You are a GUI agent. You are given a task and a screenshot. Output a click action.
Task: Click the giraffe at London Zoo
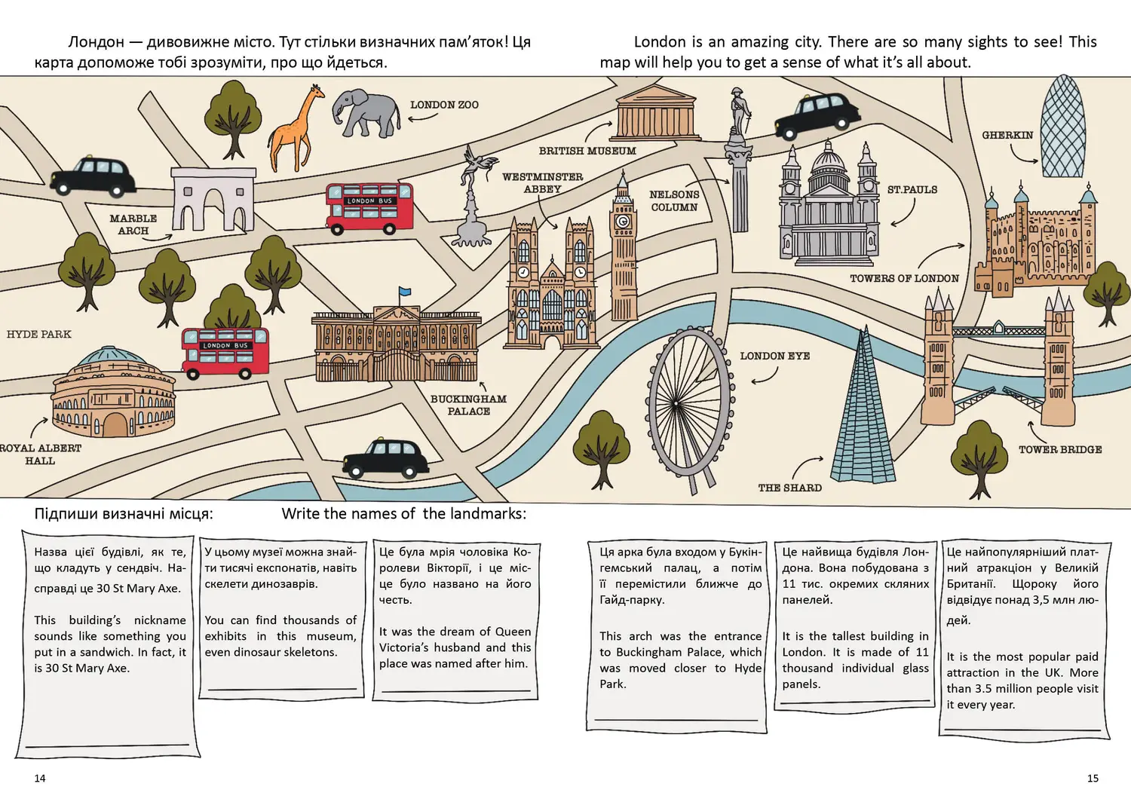point(296,129)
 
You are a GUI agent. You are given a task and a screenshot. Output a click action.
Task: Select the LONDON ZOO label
point(444,105)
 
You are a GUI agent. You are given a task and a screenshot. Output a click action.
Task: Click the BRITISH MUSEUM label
point(587,151)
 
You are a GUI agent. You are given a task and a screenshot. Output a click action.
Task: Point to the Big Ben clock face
point(623,221)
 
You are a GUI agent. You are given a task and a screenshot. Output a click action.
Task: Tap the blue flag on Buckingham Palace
point(405,291)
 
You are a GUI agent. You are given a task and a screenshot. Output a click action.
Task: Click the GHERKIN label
point(1007,135)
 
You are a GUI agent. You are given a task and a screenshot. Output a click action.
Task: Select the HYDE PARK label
point(39,334)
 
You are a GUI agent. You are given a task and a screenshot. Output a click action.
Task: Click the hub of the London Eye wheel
point(676,403)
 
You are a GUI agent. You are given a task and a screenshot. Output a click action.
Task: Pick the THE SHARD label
point(789,488)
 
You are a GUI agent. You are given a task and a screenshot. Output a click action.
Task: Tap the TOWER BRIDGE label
point(1060,450)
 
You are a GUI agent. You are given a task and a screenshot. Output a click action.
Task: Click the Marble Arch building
point(213,199)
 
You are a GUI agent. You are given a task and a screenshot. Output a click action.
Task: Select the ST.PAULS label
point(912,190)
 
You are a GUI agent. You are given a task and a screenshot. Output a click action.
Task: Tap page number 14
point(40,778)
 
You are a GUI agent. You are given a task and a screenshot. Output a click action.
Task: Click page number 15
point(1093,778)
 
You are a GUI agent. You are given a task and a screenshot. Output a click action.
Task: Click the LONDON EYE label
point(775,357)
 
